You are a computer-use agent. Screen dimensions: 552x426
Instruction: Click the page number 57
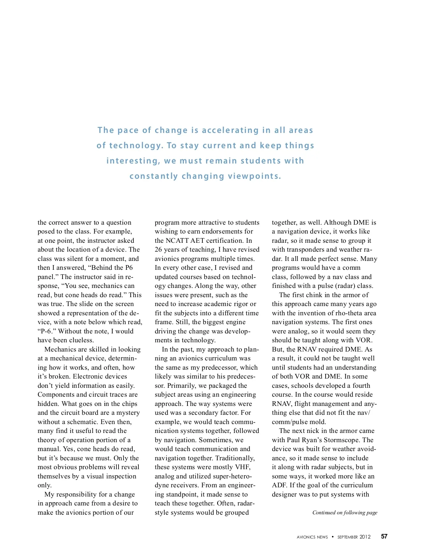384,536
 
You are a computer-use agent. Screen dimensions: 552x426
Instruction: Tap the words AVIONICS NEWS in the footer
312,537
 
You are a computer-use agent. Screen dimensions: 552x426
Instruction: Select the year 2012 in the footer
365,537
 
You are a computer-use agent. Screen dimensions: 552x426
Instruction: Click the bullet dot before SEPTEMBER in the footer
333,537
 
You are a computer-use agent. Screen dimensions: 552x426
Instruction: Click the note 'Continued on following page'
345,513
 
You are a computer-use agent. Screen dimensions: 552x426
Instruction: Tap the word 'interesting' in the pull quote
133,161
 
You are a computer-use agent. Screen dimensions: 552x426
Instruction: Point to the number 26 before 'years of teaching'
158,250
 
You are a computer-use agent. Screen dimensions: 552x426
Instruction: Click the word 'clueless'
80,340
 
